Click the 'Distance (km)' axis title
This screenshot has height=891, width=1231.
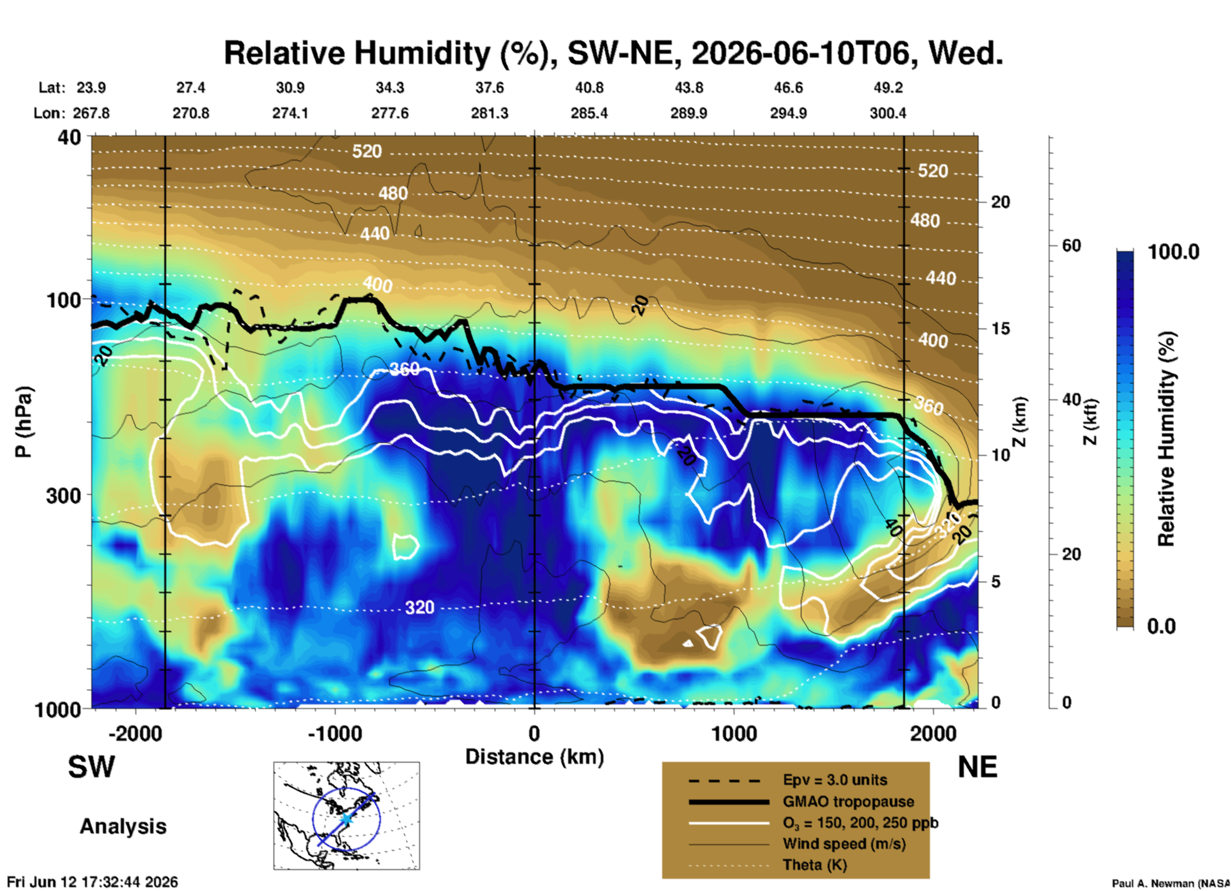click(534, 757)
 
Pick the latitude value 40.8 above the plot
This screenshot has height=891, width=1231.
click(589, 88)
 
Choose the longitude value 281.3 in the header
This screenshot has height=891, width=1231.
click(490, 113)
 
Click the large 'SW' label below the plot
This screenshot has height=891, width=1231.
click(91, 767)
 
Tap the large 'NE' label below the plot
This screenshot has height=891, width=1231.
click(977, 767)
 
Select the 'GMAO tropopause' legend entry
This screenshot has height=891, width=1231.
click(848, 802)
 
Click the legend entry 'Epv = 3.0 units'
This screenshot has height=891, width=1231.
click(835, 780)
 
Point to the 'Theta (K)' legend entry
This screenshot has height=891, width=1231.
click(814, 865)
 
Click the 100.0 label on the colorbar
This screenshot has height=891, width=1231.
click(1173, 252)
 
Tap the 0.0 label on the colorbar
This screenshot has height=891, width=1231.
click(1161, 626)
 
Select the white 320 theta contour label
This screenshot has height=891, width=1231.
click(419, 607)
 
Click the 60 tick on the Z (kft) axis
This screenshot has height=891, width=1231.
click(1071, 245)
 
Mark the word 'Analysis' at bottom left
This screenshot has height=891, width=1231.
click(123, 826)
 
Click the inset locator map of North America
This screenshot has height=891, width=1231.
click(346, 816)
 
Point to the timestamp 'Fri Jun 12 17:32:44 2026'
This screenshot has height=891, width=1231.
click(93, 882)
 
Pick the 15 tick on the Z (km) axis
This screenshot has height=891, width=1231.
click(1000, 329)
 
